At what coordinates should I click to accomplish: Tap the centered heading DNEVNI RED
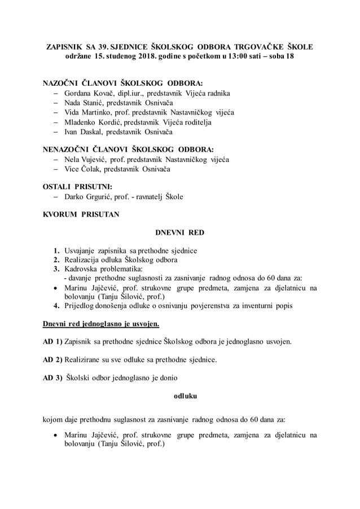[179, 232]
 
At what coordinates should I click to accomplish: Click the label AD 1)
[53, 342]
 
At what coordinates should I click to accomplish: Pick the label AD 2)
[53, 359]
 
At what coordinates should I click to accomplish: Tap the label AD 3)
[53, 378]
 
